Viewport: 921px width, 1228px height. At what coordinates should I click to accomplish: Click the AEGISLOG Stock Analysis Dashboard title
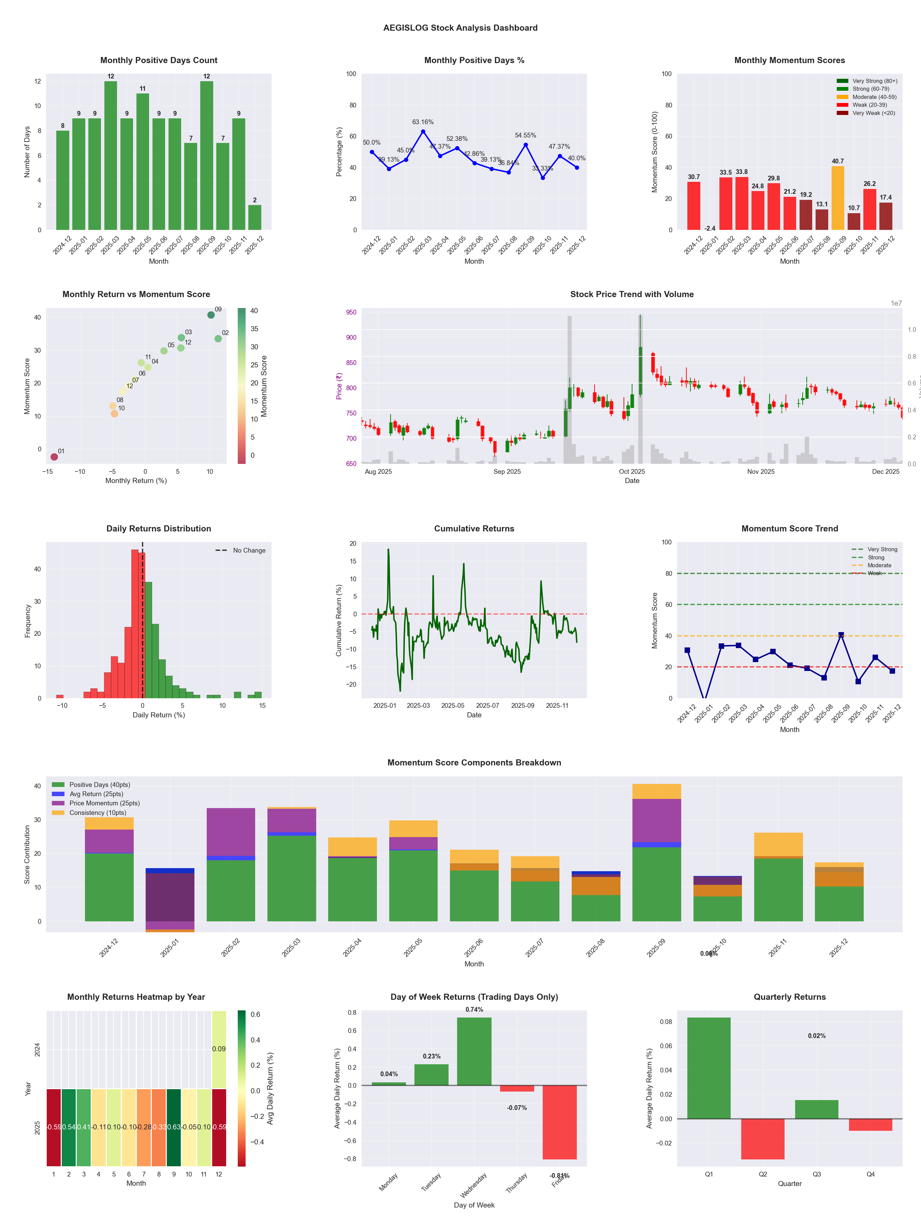(460, 28)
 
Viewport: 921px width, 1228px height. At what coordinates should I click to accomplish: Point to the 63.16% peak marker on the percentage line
(423, 132)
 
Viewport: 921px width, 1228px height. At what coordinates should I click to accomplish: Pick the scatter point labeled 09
(211, 315)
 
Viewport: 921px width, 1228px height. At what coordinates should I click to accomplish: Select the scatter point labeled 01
(54, 457)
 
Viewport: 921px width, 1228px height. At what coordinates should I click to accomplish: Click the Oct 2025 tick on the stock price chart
(632, 471)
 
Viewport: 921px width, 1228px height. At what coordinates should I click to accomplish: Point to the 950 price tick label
(351, 312)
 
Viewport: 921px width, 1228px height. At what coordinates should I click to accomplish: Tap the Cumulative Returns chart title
(474, 528)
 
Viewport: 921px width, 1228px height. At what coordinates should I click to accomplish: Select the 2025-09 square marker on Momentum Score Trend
(841, 634)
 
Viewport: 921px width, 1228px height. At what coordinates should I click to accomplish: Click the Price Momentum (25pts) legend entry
(104, 803)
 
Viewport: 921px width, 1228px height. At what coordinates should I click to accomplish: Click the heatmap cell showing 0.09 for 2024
(219, 1049)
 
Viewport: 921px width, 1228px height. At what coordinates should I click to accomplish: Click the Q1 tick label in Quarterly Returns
(709, 1174)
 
